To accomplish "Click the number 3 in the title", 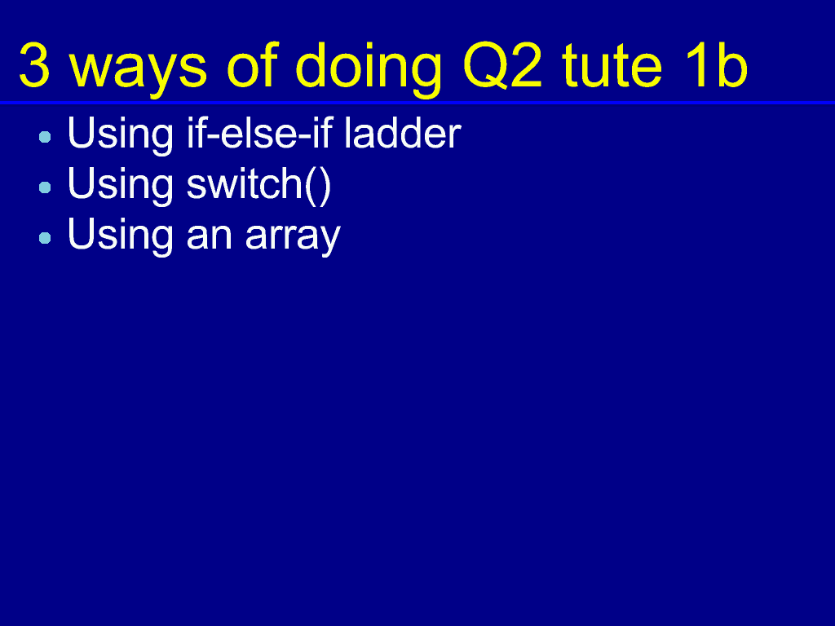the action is click(34, 65).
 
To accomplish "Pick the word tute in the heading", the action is click(612, 65).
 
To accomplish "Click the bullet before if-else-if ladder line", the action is click(46, 137).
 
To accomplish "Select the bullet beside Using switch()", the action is click(46, 187).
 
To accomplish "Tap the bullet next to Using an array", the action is click(46, 238).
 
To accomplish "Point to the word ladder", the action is click(403, 133).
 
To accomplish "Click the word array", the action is click(293, 237).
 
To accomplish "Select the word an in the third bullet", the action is click(210, 236).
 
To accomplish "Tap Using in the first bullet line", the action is click(121, 135).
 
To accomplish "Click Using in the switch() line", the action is click(121, 186).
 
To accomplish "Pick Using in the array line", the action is click(121, 236).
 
